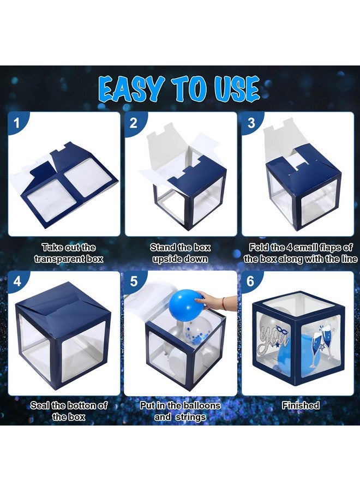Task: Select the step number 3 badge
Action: pyautogui.click(x=251, y=123)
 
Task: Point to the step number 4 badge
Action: pyautogui.click(x=17, y=281)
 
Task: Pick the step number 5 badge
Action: pyautogui.click(x=134, y=281)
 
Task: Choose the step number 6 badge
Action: pyautogui.click(x=251, y=281)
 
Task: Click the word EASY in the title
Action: pyautogui.click(x=132, y=89)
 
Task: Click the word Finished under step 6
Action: pyautogui.click(x=301, y=405)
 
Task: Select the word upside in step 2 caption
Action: pyautogui.click(x=167, y=259)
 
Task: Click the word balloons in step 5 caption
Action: pyautogui.click(x=202, y=405)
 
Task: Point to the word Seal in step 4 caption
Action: pyautogui.click(x=40, y=405)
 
